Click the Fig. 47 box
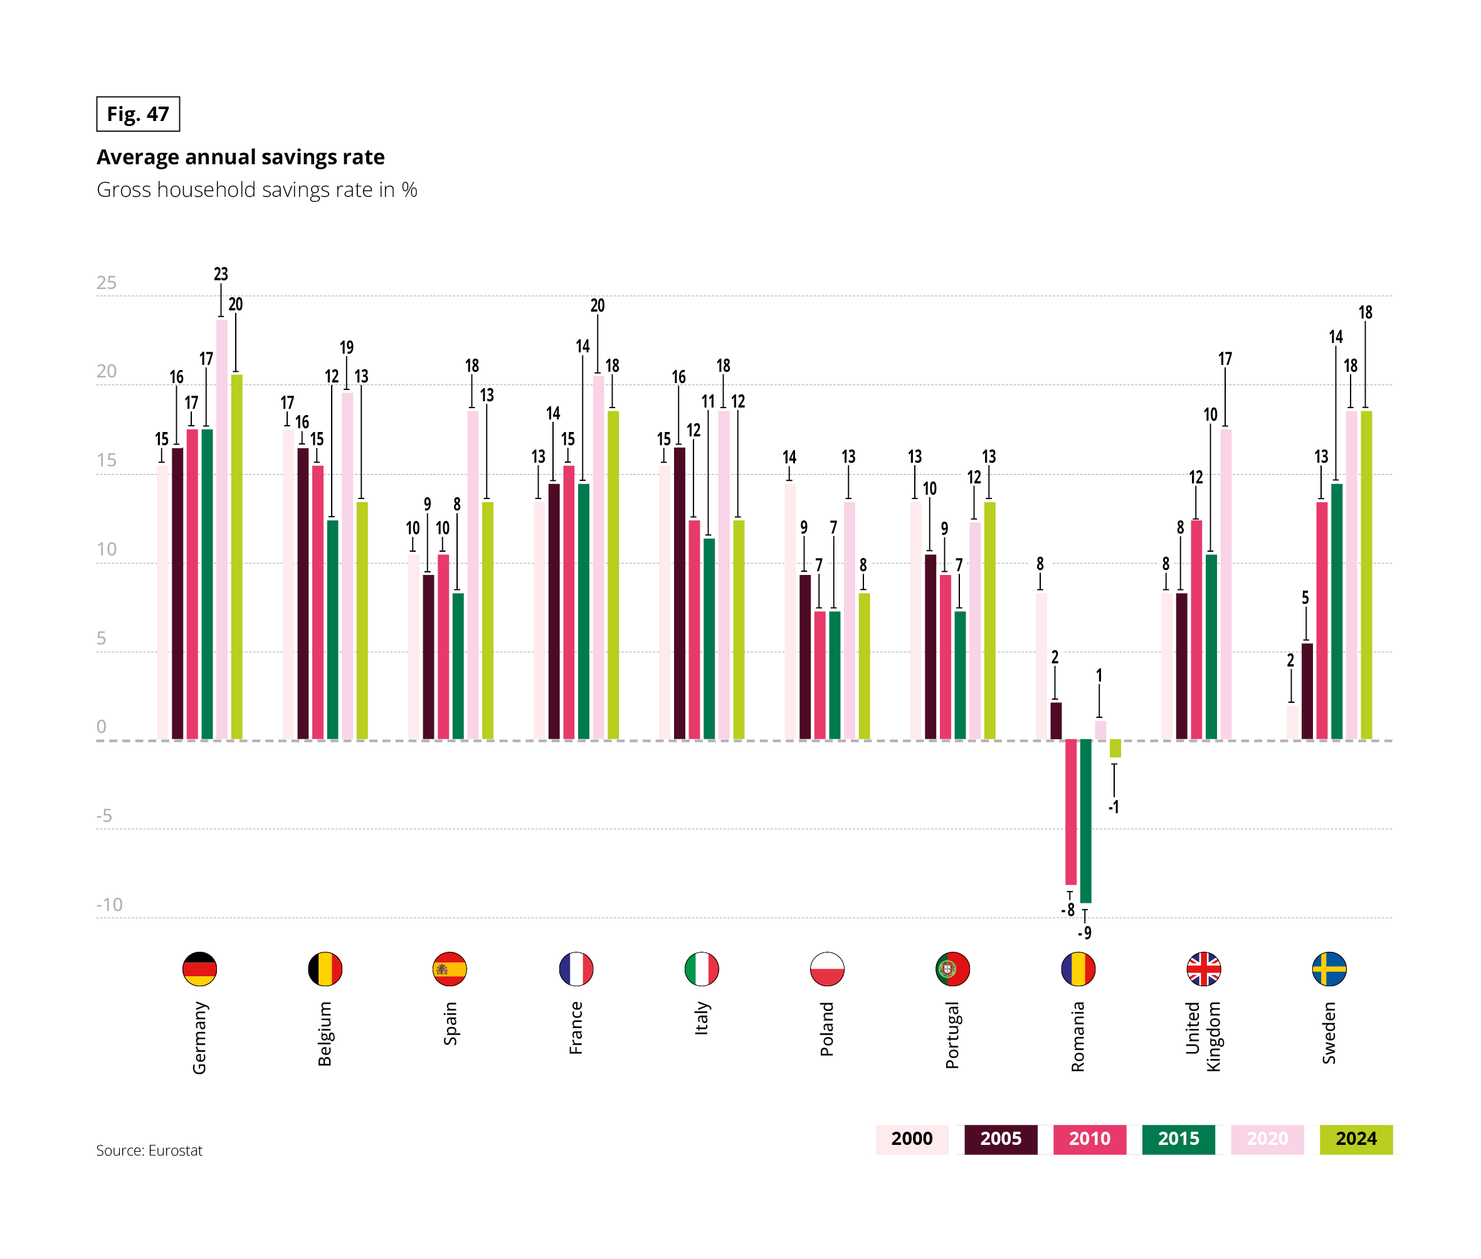[138, 114]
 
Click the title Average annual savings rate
[241, 157]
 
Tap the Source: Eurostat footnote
[149, 1151]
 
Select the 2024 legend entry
[1356, 1139]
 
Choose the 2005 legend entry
[1000, 1139]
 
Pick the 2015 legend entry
[1178, 1139]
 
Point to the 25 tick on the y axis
[107, 283]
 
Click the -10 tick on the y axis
[109, 904]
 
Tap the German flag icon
[199, 969]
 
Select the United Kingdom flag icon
[1203, 969]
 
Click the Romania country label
[1078, 1036]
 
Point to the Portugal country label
[952, 1035]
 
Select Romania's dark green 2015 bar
[1085, 821]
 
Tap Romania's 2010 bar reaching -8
[1070, 811]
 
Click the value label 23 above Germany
[221, 274]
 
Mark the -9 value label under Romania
[1084, 933]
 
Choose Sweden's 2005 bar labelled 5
[1307, 691]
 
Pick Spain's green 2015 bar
[458, 665]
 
